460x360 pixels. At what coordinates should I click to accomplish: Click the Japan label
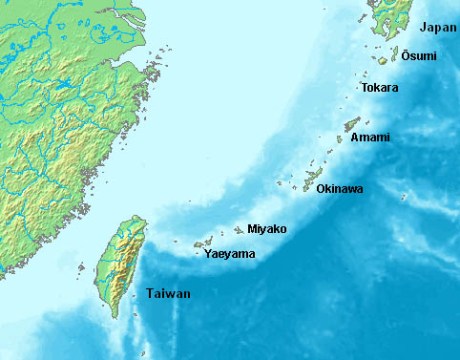point(438,27)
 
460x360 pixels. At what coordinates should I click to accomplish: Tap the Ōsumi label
point(418,56)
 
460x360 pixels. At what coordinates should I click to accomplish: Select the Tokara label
point(379,88)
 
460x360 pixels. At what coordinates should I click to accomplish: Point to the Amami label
point(371,136)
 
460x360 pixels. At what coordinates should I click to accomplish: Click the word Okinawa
point(339,188)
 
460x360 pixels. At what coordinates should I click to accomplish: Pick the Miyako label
point(266,229)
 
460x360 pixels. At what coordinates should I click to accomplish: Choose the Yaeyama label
point(229,254)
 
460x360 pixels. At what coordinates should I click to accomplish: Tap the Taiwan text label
point(167,294)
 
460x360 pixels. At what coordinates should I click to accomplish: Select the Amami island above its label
point(351,125)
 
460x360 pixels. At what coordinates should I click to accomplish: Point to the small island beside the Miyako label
point(239,230)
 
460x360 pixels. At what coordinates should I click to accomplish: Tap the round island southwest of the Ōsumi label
point(382,60)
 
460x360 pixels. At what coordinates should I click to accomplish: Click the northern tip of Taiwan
point(135,218)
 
